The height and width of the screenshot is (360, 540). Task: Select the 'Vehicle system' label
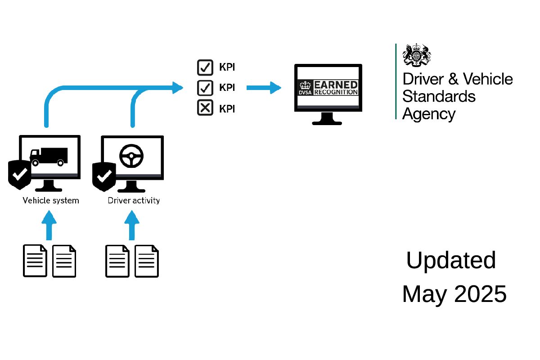click(51, 201)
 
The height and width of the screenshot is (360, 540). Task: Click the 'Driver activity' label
click(134, 201)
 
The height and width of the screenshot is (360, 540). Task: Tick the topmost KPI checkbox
click(205, 67)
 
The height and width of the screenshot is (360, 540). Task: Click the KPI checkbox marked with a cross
click(205, 108)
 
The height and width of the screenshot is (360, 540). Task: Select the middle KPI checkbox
click(205, 88)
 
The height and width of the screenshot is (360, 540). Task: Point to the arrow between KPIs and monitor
click(264, 88)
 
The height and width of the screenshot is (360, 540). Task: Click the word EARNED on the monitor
click(336, 85)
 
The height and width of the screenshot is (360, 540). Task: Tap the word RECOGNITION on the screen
click(336, 92)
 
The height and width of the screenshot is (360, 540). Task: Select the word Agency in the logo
click(429, 113)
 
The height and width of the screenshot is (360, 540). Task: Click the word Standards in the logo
click(439, 96)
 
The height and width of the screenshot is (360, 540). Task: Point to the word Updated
click(451, 261)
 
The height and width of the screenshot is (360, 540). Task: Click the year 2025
click(481, 294)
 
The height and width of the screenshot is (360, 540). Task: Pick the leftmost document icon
click(35, 261)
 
